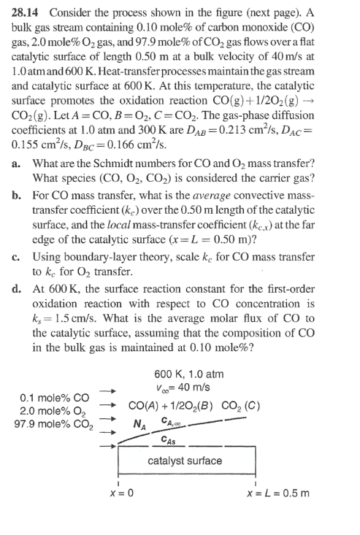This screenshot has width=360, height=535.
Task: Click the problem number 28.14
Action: click(x=26, y=10)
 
